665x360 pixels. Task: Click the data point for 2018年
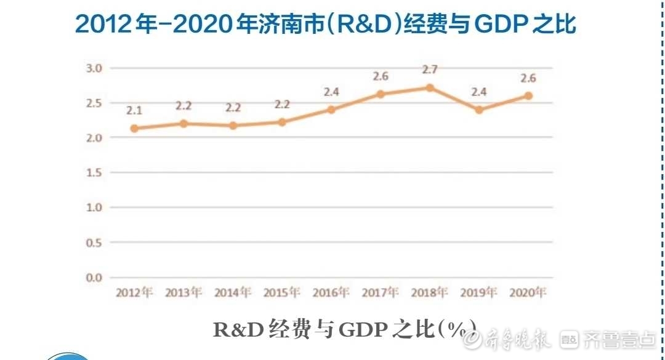(x=430, y=87)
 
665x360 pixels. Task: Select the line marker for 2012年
(x=134, y=129)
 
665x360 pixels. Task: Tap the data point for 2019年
(x=478, y=110)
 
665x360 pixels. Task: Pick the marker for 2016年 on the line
(x=331, y=110)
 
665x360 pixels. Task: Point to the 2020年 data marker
(x=528, y=96)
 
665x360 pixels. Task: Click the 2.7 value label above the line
(x=430, y=70)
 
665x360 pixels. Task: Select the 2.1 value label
(x=134, y=111)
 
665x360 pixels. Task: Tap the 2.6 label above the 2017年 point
(x=381, y=76)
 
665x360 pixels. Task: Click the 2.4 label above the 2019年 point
(x=479, y=92)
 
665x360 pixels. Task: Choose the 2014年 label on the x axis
(x=233, y=292)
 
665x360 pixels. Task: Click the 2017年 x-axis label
(x=381, y=292)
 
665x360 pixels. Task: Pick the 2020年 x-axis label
(x=528, y=292)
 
